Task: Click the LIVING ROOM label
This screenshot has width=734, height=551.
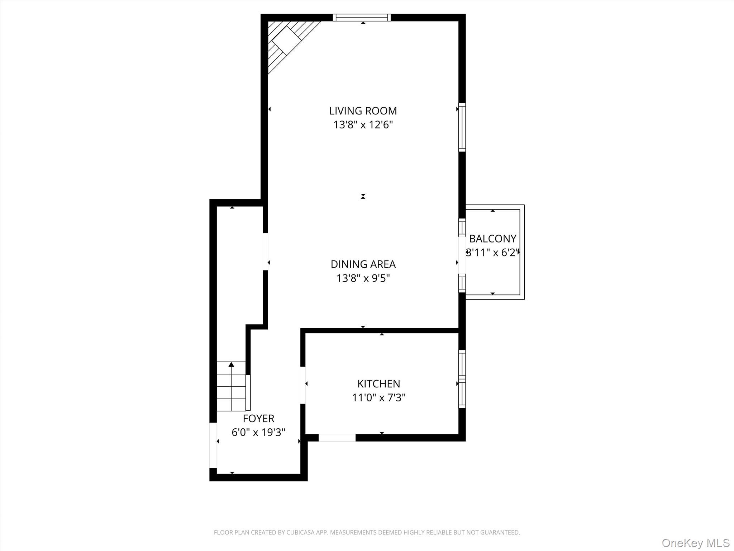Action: click(363, 111)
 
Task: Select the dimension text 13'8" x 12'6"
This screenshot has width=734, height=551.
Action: click(363, 125)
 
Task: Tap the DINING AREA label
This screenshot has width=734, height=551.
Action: click(363, 264)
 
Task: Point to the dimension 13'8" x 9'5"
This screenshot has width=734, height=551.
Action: click(363, 278)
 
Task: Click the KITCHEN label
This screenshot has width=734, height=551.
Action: click(378, 384)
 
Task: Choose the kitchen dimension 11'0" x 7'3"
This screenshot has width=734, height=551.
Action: click(378, 398)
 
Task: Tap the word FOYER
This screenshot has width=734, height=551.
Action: click(258, 419)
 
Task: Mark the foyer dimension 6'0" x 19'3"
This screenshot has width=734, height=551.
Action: click(258, 433)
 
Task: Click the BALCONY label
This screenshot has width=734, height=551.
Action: click(492, 239)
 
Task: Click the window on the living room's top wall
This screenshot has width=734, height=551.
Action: click(362, 18)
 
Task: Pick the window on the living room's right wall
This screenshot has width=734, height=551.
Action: click(462, 127)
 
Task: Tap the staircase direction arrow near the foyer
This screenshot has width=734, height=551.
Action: click(232, 365)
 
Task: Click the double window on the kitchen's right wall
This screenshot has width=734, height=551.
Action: click(462, 379)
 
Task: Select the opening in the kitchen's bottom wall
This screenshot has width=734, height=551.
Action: click(337, 438)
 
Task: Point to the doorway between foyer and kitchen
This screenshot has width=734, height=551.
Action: click(303, 385)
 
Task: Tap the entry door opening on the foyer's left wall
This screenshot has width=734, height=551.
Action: click(213, 445)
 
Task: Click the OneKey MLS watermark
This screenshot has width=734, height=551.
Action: click(695, 543)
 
